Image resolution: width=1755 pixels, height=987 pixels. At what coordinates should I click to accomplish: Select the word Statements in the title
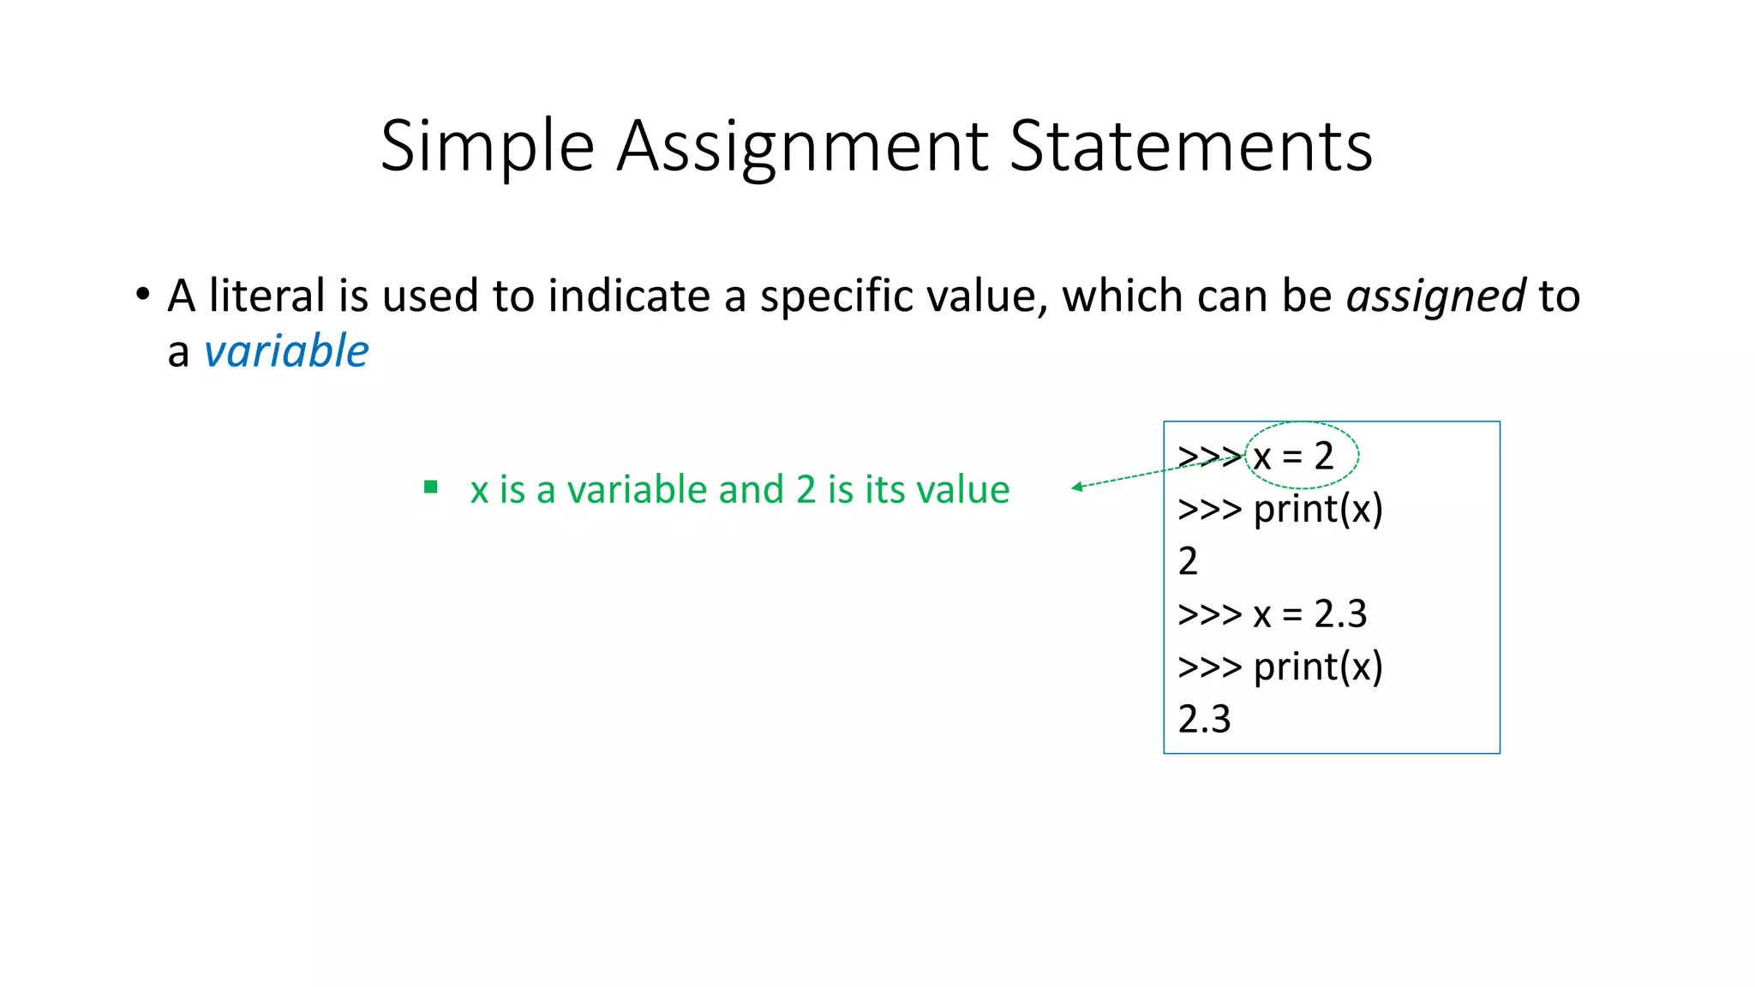click(1191, 146)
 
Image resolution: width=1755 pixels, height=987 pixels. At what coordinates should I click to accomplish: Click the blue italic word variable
click(286, 351)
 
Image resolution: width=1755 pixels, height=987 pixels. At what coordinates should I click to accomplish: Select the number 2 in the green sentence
click(806, 490)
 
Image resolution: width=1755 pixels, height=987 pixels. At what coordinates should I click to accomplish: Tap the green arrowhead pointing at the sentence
click(1077, 488)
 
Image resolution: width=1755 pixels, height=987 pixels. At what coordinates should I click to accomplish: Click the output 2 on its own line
click(1188, 562)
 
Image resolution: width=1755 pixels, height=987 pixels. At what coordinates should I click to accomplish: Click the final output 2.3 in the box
click(1204, 720)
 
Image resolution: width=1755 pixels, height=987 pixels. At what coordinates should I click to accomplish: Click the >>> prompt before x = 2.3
click(1209, 614)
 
